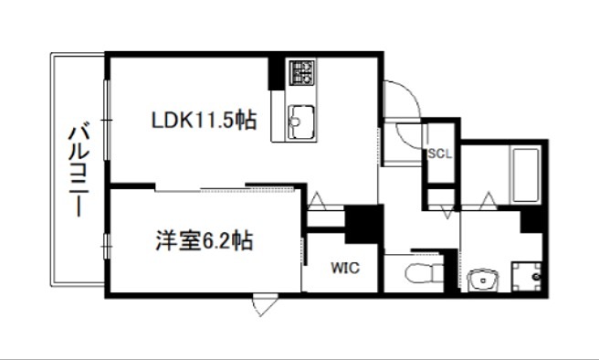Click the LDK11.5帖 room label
click(203, 119)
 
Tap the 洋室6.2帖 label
click(202, 241)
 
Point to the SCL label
click(440, 154)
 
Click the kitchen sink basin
click(300, 121)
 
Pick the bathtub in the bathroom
click(524, 175)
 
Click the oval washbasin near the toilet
click(481, 279)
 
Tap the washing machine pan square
click(525, 275)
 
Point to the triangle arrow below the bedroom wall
click(263, 305)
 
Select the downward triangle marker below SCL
click(447, 213)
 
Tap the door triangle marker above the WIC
click(316, 200)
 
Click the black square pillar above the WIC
click(363, 222)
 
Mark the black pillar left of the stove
click(275, 73)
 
